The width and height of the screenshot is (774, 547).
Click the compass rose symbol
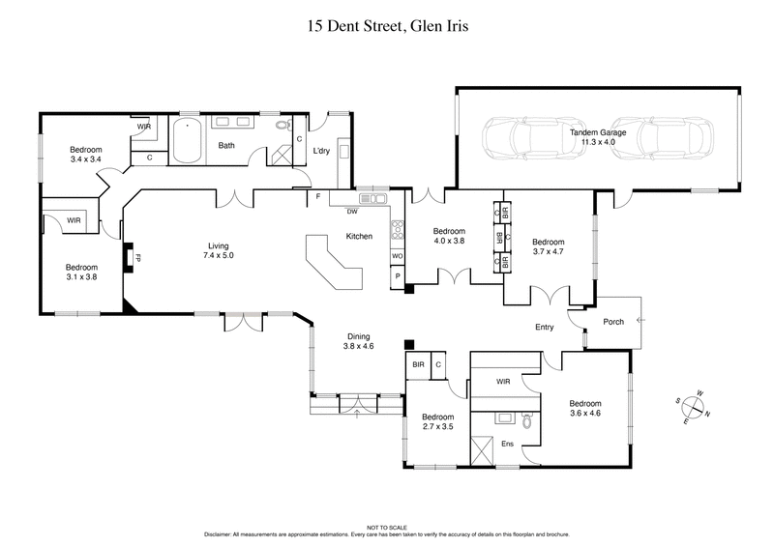[x=695, y=407]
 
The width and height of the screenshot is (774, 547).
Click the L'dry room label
[x=322, y=151]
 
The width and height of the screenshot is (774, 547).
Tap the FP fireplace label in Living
[x=137, y=259]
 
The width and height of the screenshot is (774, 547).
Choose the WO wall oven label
[x=397, y=256]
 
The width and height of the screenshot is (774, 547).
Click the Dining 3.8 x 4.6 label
[x=359, y=340]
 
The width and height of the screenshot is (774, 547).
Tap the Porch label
[x=612, y=322]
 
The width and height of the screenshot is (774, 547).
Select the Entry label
[x=545, y=328]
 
